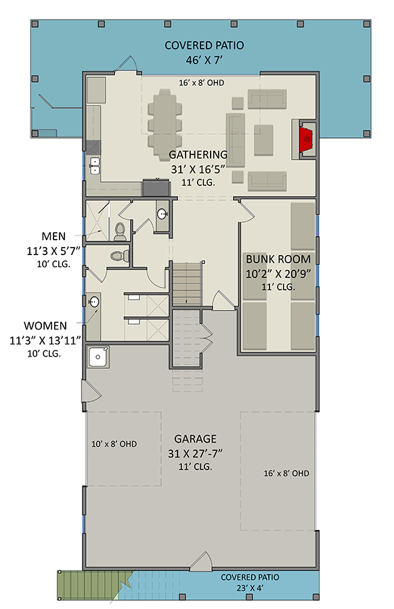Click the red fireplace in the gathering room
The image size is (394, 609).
pos(307,139)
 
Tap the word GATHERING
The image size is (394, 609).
pos(198,154)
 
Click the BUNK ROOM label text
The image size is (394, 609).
pos(278,259)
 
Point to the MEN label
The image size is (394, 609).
pos(53,237)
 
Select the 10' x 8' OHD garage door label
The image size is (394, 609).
pos(114,444)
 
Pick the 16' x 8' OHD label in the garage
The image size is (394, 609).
pos(286,474)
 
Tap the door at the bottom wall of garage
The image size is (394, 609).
pos(200,562)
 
